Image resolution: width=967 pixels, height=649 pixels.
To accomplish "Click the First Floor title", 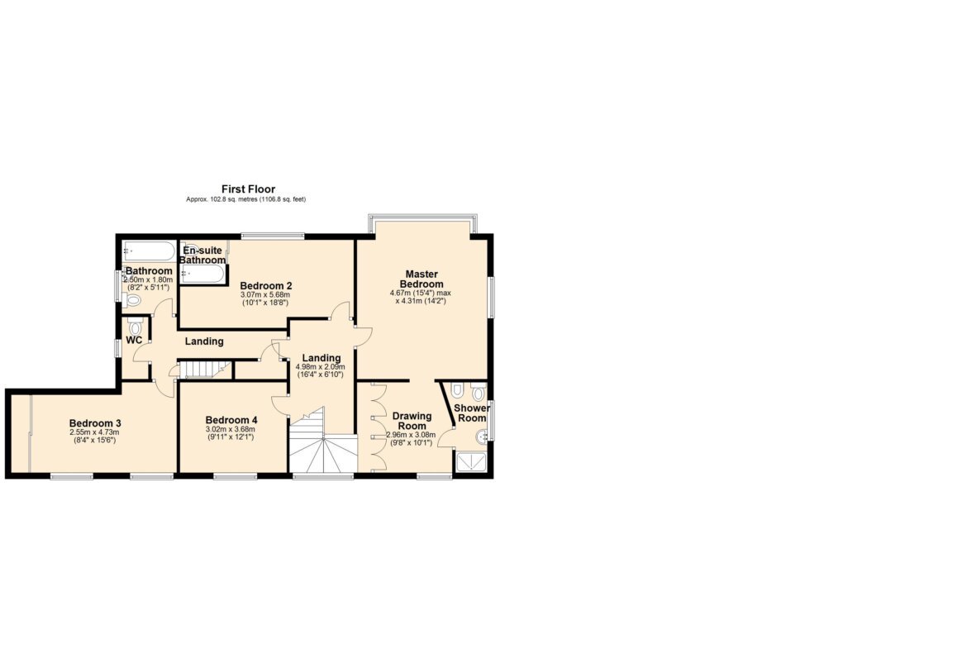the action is pyautogui.click(x=249, y=189).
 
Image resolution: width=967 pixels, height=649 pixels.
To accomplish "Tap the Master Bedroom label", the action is pyautogui.click(x=422, y=279).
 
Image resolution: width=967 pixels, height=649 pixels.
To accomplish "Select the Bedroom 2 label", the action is pyautogui.click(x=266, y=285).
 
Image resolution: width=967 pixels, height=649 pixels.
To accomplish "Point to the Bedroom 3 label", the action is pyautogui.click(x=95, y=423).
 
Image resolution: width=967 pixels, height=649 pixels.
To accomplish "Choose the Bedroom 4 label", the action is pyautogui.click(x=231, y=419).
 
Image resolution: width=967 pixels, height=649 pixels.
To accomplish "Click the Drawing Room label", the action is pyautogui.click(x=412, y=421).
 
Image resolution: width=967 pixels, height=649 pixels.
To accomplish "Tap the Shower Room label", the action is pyautogui.click(x=473, y=413).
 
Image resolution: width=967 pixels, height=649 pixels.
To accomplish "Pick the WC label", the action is pyautogui.click(x=135, y=340).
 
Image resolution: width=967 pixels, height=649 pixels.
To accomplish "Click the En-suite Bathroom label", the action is pyautogui.click(x=202, y=255).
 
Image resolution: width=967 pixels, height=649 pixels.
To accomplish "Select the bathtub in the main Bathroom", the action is pyautogui.click(x=150, y=251).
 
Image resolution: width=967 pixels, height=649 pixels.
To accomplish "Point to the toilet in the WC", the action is pyautogui.click(x=135, y=327).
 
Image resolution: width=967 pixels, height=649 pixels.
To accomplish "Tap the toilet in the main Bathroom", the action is pyautogui.click(x=132, y=300).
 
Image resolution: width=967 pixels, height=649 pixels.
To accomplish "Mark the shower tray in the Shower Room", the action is pyautogui.click(x=471, y=462).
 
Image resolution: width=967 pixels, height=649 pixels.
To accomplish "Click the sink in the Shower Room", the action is pyautogui.click(x=483, y=437).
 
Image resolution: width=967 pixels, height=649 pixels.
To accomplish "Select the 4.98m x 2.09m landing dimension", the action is pyautogui.click(x=320, y=367).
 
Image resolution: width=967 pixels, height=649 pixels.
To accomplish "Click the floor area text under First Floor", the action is pyautogui.click(x=246, y=199).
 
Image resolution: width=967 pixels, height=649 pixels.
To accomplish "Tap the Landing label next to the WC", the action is pyautogui.click(x=204, y=341).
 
